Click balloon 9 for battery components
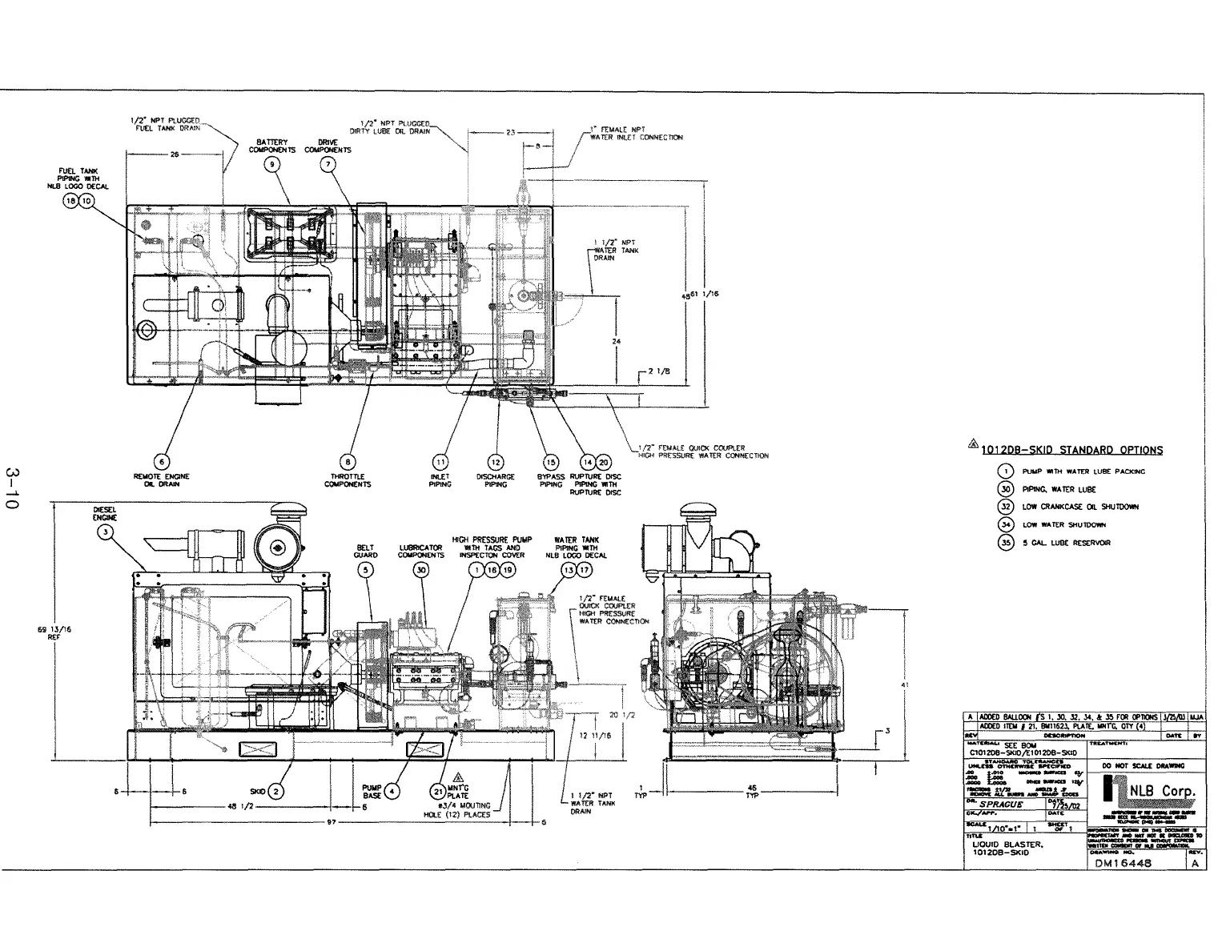[273, 164]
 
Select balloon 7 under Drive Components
[328, 164]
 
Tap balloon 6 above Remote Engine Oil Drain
[163, 462]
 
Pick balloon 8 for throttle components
[348, 462]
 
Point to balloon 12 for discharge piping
[496, 462]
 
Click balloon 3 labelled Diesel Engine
[105, 535]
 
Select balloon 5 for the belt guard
[366, 570]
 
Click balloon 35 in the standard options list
[1007, 543]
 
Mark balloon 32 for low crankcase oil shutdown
[1007, 507]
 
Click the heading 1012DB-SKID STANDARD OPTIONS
[1072, 450]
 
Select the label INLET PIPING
[440, 480]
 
